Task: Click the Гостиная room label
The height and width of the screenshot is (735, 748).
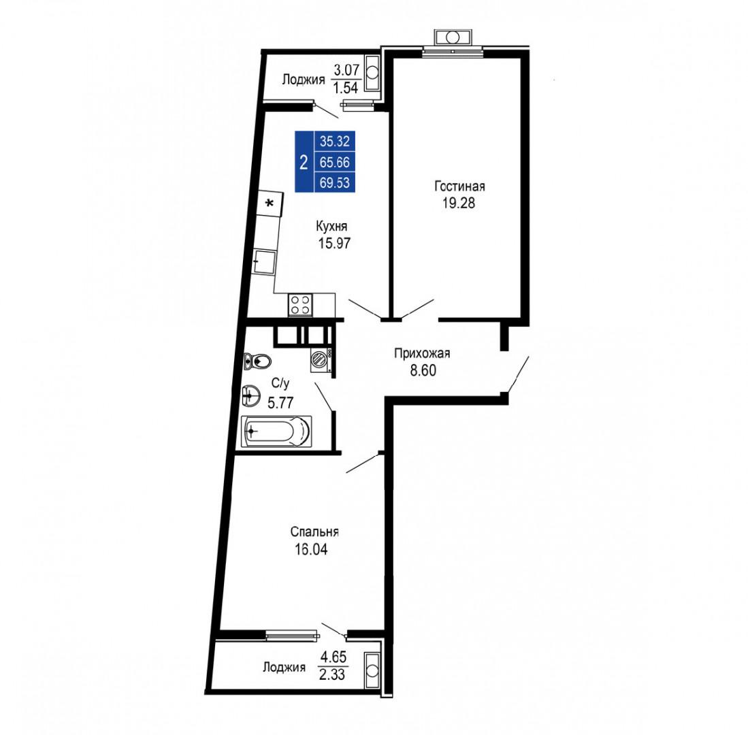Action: pos(459,186)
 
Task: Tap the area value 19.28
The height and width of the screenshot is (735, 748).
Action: pos(459,203)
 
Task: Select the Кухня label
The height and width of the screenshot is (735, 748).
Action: pos(331,226)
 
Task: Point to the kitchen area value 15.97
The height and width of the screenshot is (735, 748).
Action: pos(334,243)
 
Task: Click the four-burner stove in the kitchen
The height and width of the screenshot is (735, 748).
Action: pos(301,305)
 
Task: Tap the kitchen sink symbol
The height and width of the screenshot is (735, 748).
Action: pos(264,262)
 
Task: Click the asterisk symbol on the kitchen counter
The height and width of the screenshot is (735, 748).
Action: pos(270,203)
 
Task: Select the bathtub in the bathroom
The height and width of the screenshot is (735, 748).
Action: pos(276,431)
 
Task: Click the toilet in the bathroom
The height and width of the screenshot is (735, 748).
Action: pos(257,361)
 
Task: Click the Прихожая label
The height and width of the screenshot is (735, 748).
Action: pos(422,353)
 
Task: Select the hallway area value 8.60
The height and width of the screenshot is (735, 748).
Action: pos(423,370)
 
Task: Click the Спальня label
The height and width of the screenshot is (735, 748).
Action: pos(314,532)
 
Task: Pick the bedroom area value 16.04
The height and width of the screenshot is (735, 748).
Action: pos(311,549)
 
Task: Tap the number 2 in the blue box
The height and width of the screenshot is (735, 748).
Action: pos(304,162)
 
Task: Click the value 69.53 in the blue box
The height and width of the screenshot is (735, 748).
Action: pos(335,182)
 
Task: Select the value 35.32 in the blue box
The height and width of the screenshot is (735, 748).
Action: pos(335,141)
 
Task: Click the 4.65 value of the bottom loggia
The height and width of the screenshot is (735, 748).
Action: pos(333,657)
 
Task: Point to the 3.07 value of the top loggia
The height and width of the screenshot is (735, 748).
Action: pos(346,70)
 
